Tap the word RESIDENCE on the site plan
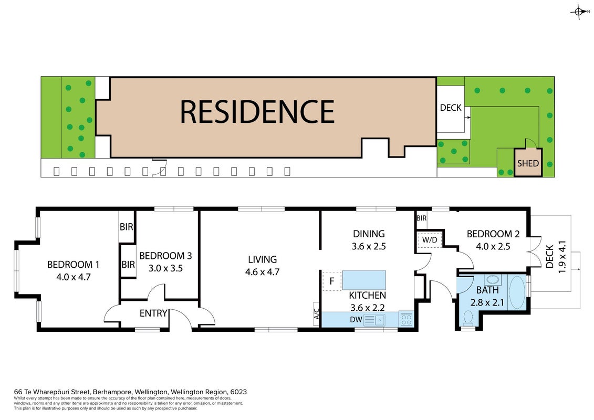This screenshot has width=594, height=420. coord(257,112)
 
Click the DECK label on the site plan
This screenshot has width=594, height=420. coord(451,108)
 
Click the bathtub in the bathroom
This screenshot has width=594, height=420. coord(517,293)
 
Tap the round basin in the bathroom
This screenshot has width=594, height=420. coord(493,280)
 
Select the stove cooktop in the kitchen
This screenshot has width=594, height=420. coord(406,319)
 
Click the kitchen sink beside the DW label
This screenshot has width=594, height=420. coord(375,320)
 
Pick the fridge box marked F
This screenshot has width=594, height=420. coord(332,281)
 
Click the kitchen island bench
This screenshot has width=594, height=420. coord(364,280)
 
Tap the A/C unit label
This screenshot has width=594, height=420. coord(317,314)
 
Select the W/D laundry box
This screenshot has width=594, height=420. coord(430,240)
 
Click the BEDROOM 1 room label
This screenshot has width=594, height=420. coord(73,265)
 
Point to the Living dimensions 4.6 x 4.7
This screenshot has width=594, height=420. coord(262,272)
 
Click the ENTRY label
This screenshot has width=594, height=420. coord(153,313)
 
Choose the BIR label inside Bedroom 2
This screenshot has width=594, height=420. coord(421,218)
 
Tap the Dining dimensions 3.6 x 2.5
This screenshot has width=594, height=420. coord(369,247)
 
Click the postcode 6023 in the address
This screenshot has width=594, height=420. coord(238,392)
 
